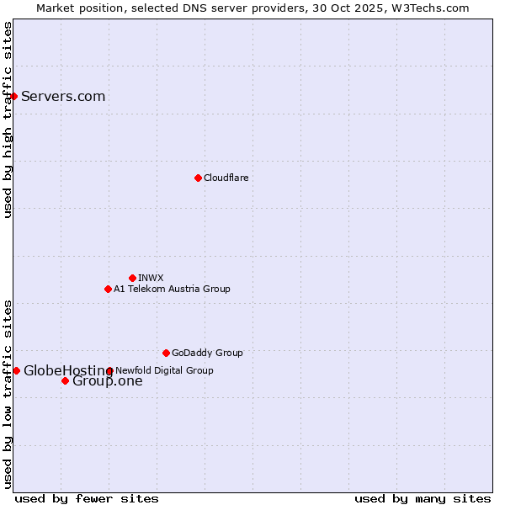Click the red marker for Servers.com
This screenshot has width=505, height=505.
(13, 96)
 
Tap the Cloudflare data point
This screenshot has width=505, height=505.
(198, 178)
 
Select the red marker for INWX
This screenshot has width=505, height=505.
(132, 278)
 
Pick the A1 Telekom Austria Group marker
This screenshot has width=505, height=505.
(108, 289)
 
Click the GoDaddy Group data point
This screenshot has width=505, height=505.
(166, 353)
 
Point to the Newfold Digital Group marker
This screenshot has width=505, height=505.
(109, 370)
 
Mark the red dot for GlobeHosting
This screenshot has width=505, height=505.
(16, 370)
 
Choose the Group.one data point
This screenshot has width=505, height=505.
(65, 380)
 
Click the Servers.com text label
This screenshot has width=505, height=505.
(63, 96)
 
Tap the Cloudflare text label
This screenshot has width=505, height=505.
(226, 178)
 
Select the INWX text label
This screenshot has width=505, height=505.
(151, 278)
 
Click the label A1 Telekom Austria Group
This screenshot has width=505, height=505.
(172, 289)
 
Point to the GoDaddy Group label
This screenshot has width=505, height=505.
(207, 353)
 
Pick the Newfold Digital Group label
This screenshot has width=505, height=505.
(164, 370)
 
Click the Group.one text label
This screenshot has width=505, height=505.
(108, 381)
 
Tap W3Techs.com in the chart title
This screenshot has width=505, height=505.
(431, 8)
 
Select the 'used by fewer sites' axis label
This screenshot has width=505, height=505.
(87, 498)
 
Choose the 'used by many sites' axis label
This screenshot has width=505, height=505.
(423, 498)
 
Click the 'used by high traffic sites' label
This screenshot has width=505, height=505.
(8, 120)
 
